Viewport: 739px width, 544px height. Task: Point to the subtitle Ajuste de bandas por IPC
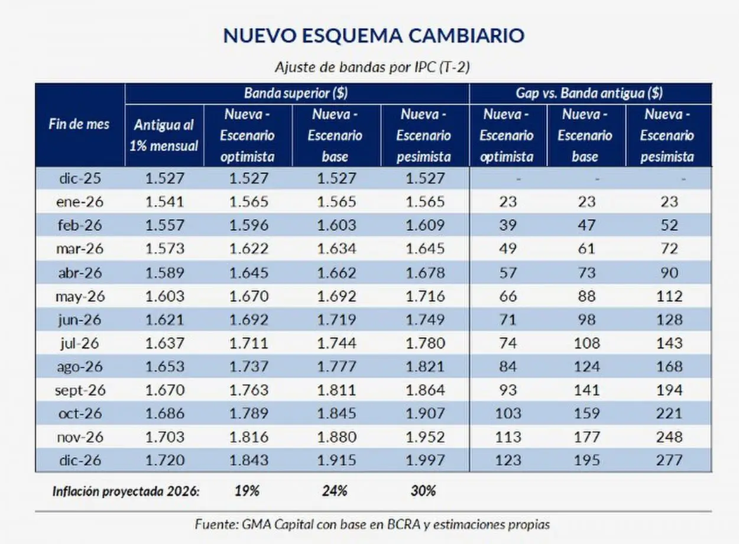pos(372,67)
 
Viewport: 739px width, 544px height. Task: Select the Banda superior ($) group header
pos(296,93)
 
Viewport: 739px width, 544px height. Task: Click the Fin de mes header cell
pos(79,125)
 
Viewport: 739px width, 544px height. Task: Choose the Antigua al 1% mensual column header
pos(164,135)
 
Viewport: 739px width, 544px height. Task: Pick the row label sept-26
pos(80,390)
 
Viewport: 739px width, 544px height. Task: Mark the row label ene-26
pos(80,202)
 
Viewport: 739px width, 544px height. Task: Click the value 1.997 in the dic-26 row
pos(424,460)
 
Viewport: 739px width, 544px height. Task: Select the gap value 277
pos(668,460)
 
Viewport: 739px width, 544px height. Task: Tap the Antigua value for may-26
pos(164,296)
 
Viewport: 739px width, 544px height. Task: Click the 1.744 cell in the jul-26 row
pos(336,343)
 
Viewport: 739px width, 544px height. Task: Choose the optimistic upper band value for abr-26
pos(248,273)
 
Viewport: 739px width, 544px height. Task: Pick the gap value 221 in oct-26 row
pos(668,413)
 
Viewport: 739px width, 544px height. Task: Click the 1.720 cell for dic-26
pos(164,460)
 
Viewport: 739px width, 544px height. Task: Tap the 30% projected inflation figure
pos(423,491)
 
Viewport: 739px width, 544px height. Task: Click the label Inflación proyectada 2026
pos(125,491)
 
